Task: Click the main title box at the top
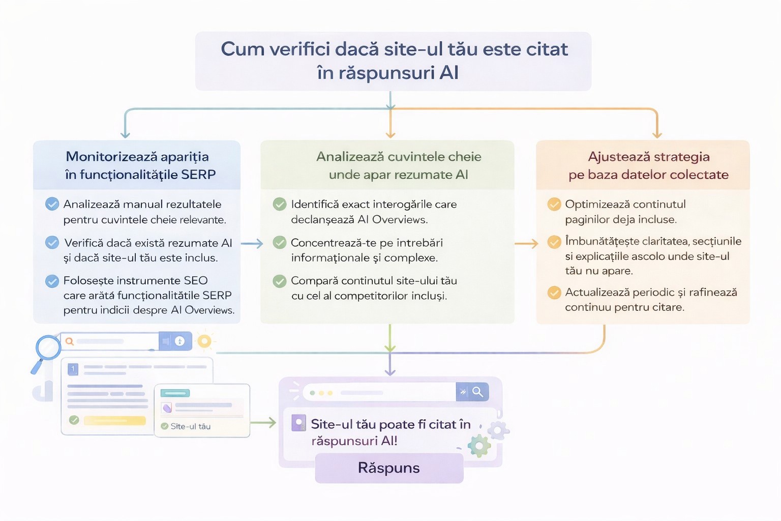[393, 61]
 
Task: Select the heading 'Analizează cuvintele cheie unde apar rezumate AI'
[398, 165]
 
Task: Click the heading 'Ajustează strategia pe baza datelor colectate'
[648, 165]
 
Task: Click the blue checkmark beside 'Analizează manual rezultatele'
[52, 204]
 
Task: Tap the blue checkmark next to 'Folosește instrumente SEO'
[52, 281]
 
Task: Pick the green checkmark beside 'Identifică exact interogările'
[280, 204]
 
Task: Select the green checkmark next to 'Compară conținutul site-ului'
[280, 281]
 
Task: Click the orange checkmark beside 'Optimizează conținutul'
[554, 204]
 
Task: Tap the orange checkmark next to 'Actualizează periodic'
[554, 293]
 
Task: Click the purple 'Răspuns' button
[389, 468]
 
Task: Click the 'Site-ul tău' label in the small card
[190, 426]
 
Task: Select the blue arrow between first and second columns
[252, 244]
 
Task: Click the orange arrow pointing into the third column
[526, 244]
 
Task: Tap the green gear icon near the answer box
[479, 446]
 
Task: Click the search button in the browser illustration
[477, 392]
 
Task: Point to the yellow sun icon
[204, 341]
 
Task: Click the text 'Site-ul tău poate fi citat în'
[390, 424]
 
